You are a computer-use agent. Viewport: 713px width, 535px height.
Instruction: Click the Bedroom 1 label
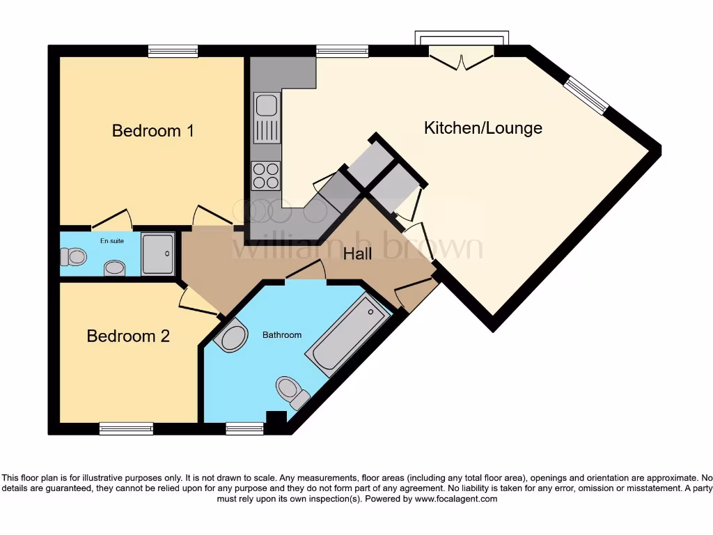pyautogui.click(x=152, y=130)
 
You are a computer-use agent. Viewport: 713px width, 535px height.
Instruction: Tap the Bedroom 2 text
pyautogui.click(x=128, y=336)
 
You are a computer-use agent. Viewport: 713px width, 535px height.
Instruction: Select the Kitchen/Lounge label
pyautogui.click(x=483, y=127)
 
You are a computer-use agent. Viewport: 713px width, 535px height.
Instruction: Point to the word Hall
pyautogui.click(x=357, y=254)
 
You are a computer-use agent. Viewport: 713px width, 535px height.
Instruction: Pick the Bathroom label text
pyautogui.click(x=282, y=335)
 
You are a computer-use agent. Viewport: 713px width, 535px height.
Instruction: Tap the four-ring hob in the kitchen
pyautogui.click(x=265, y=175)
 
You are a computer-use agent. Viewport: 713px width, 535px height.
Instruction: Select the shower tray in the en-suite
pyautogui.click(x=158, y=254)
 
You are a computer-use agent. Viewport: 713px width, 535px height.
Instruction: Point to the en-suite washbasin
pyautogui.click(x=114, y=267)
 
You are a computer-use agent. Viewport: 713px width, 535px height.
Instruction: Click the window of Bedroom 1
pyautogui.click(x=173, y=51)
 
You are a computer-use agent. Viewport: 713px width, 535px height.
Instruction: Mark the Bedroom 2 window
pyautogui.click(x=126, y=428)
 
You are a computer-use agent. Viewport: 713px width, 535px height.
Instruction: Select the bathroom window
pyautogui.click(x=245, y=428)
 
